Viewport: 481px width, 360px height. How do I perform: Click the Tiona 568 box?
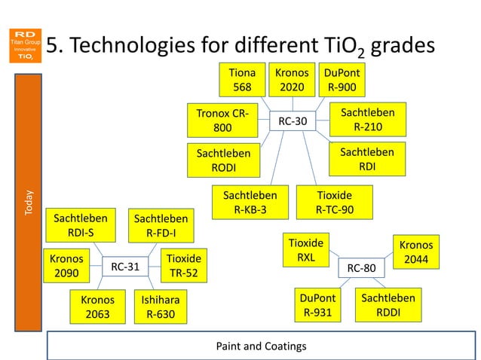point(242,80)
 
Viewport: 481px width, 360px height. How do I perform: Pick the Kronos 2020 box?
point(291,80)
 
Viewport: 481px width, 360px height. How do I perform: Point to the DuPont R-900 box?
point(342,80)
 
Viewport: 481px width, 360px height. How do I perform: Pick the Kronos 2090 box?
point(66,265)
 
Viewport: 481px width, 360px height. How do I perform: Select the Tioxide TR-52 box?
point(183,265)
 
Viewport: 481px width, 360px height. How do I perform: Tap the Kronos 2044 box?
point(415,253)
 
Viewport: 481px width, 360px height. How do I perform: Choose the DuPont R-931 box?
point(316,306)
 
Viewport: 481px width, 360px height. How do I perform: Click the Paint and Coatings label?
point(261,346)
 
